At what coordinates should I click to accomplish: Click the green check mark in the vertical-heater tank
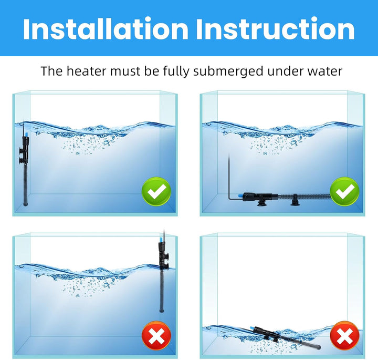(156, 192)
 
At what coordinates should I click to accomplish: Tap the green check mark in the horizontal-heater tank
(344, 192)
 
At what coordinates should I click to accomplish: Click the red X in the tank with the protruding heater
(156, 335)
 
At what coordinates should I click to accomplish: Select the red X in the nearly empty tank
(344, 335)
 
